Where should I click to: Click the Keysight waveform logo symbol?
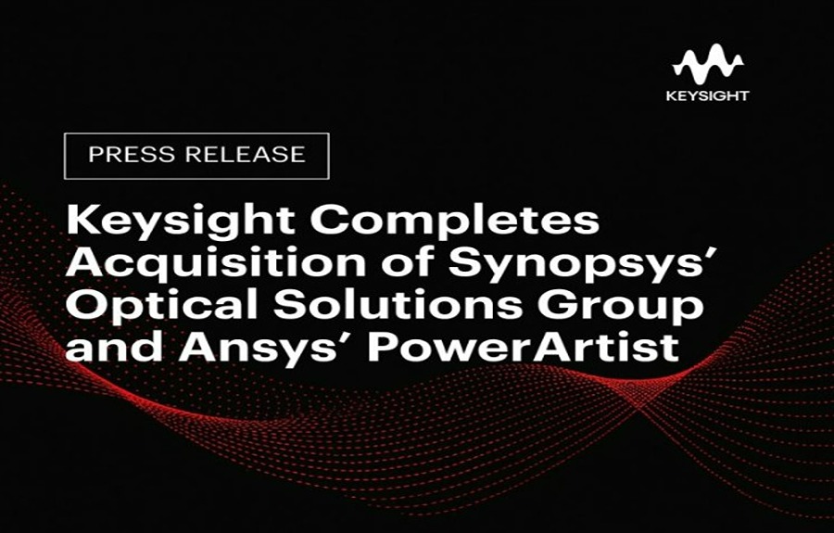point(707,64)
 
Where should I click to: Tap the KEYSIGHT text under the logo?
point(707,95)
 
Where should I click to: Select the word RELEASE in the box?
point(246,154)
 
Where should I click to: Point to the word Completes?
point(455,222)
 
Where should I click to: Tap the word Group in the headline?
point(620,307)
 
